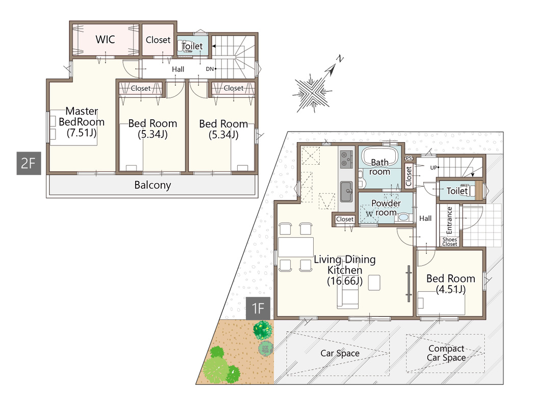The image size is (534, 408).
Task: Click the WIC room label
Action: (105, 39)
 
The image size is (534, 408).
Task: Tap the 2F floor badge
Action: (29, 164)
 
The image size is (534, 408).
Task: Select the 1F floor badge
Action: (258, 309)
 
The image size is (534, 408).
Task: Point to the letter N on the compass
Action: (339, 59)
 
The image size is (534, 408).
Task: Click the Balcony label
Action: (152, 185)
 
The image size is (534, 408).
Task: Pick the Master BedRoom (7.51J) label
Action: (82, 122)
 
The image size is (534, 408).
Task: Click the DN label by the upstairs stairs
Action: (210, 69)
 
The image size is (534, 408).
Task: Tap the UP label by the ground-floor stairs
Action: (433, 168)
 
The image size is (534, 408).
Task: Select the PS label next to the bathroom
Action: (409, 159)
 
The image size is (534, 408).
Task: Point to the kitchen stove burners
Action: (346, 159)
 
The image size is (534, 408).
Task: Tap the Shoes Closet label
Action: (449, 242)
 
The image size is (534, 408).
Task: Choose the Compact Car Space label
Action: (446, 353)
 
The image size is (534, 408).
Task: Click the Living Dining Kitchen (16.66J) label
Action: (345, 270)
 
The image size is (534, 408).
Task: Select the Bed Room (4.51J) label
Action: (450, 284)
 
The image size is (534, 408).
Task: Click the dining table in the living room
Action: (296, 247)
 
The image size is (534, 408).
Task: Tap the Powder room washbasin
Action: (403, 217)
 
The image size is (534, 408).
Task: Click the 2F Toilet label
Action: (192, 46)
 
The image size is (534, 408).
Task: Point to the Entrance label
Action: (449, 220)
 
